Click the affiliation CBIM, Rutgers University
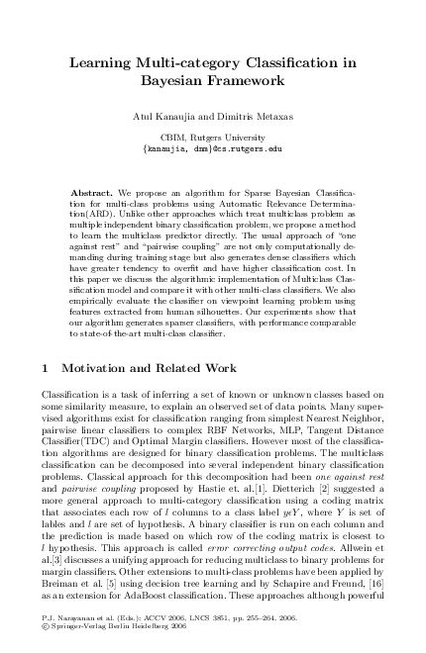tap(212, 137)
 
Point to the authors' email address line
tap(212, 147)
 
